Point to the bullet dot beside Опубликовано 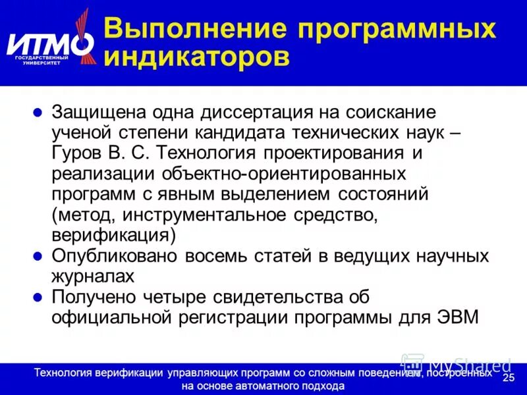tap(38, 255)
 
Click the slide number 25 tap(508, 377)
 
